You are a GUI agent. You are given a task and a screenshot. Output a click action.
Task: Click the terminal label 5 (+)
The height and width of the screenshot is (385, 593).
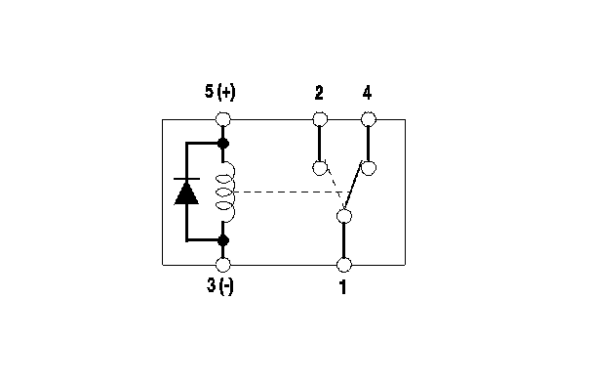[219, 92]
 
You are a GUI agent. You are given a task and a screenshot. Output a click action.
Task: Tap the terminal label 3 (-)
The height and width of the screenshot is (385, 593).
[220, 285]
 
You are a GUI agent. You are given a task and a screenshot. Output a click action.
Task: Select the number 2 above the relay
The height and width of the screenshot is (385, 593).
[319, 93]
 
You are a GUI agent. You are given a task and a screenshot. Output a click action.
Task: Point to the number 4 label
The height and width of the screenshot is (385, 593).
[367, 93]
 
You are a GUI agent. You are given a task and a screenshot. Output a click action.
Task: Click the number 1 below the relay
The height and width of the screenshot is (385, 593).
[342, 287]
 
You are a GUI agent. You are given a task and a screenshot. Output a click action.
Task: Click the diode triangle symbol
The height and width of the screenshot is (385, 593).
[186, 193]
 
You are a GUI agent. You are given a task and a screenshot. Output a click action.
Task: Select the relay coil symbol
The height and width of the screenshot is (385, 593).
[225, 192]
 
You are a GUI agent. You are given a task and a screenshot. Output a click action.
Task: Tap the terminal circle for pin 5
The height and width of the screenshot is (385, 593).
[222, 119]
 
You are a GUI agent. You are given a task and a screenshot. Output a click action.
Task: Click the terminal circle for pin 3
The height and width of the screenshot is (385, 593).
[222, 265]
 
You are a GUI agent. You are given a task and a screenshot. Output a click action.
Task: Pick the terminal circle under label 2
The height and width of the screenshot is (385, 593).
[320, 119]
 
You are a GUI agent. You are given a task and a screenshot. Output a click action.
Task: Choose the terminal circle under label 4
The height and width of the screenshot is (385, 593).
[369, 119]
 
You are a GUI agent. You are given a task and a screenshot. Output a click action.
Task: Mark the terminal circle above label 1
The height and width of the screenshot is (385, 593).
[343, 265]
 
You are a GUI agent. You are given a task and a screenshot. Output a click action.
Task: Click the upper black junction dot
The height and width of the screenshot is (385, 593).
[223, 144]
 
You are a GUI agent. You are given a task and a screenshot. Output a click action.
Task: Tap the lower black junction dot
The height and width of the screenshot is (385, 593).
[223, 240]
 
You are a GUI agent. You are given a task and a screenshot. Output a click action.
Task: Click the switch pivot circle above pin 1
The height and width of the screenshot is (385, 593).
[343, 216]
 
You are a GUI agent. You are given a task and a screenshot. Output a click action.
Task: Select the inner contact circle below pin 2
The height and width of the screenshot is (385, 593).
[320, 168]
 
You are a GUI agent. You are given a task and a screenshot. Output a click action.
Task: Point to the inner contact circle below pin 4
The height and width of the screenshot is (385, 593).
[369, 168]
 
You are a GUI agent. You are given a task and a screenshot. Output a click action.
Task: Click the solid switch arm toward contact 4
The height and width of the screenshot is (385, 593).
[353, 186]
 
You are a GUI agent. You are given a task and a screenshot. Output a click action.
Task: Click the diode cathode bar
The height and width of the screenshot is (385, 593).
[186, 179]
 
